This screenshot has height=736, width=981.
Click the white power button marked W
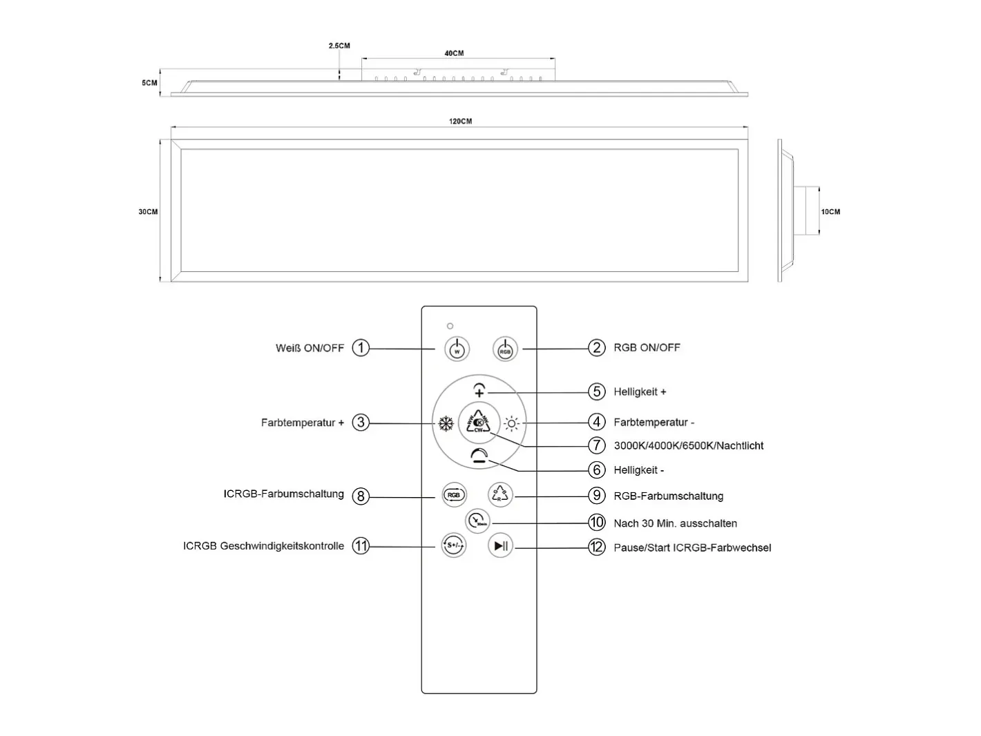pyautogui.click(x=457, y=349)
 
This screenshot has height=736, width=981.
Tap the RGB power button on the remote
pyautogui.click(x=504, y=349)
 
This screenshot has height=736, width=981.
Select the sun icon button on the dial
pyautogui.click(x=511, y=423)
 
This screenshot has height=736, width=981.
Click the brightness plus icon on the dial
pyautogui.click(x=479, y=390)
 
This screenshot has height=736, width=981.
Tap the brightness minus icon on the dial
pyautogui.click(x=479, y=456)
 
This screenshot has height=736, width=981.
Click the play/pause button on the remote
pyautogui.click(x=500, y=545)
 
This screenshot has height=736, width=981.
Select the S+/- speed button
pyautogui.click(x=454, y=545)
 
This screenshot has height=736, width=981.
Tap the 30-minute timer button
pyautogui.click(x=478, y=521)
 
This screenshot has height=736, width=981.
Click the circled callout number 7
pyautogui.click(x=596, y=445)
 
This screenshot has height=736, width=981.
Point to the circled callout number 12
pyautogui.click(x=596, y=547)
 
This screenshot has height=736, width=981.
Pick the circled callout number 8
pyautogui.click(x=361, y=496)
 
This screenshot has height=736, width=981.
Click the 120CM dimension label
pyautogui.click(x=460, y=122)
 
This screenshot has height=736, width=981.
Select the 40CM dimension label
pyautogui.click(x=454, y=53)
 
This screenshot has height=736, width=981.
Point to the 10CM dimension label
pyautogui.click(x=830, y=212)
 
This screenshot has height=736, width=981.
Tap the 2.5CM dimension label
pyautogui.click(x=339, y=46)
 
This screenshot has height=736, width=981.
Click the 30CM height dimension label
pyautogui.click(x=148, y=212)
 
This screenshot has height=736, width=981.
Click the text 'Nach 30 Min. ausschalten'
pyautogui.click(x=675, y=523)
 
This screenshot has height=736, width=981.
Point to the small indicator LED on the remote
pyautogui.click(x=450, y=326)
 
